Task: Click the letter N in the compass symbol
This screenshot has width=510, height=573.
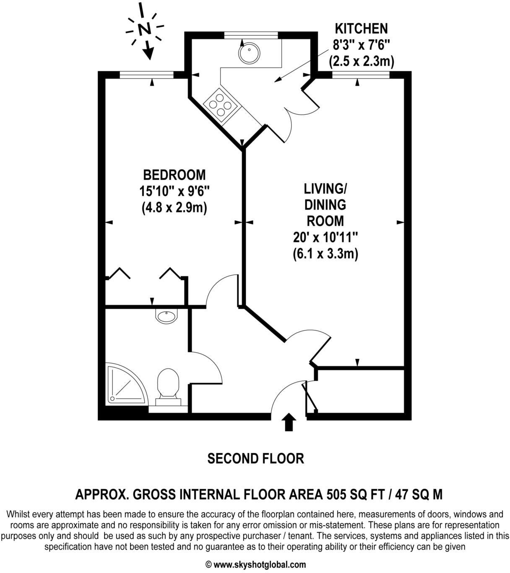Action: [144, 29]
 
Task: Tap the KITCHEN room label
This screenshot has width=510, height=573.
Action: [361, 28]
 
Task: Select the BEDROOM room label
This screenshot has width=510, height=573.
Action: [174, 174]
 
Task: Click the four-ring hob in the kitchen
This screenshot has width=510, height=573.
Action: [220, 103]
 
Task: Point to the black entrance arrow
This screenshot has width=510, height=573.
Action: [289, 422]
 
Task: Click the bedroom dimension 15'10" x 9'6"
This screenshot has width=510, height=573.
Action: [174, 191]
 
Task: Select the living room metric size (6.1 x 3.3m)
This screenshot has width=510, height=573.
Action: [325, 254]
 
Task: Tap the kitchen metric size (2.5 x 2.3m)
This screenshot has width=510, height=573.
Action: [361, 62]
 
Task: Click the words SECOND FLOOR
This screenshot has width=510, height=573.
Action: [255, 459]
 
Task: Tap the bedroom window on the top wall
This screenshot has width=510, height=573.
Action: [146, 75]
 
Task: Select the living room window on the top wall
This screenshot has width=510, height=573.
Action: [360, 75]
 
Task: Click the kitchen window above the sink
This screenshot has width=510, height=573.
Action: [251, 35]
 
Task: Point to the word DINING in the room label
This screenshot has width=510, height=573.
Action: [325, 205]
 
